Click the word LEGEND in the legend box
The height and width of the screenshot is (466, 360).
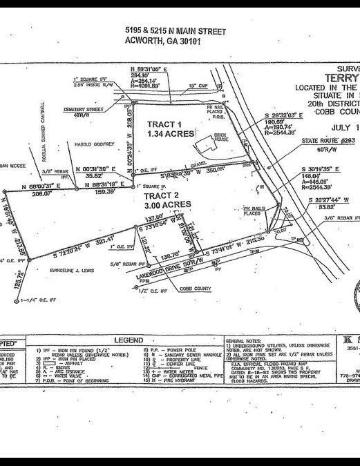tap(129, 340)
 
